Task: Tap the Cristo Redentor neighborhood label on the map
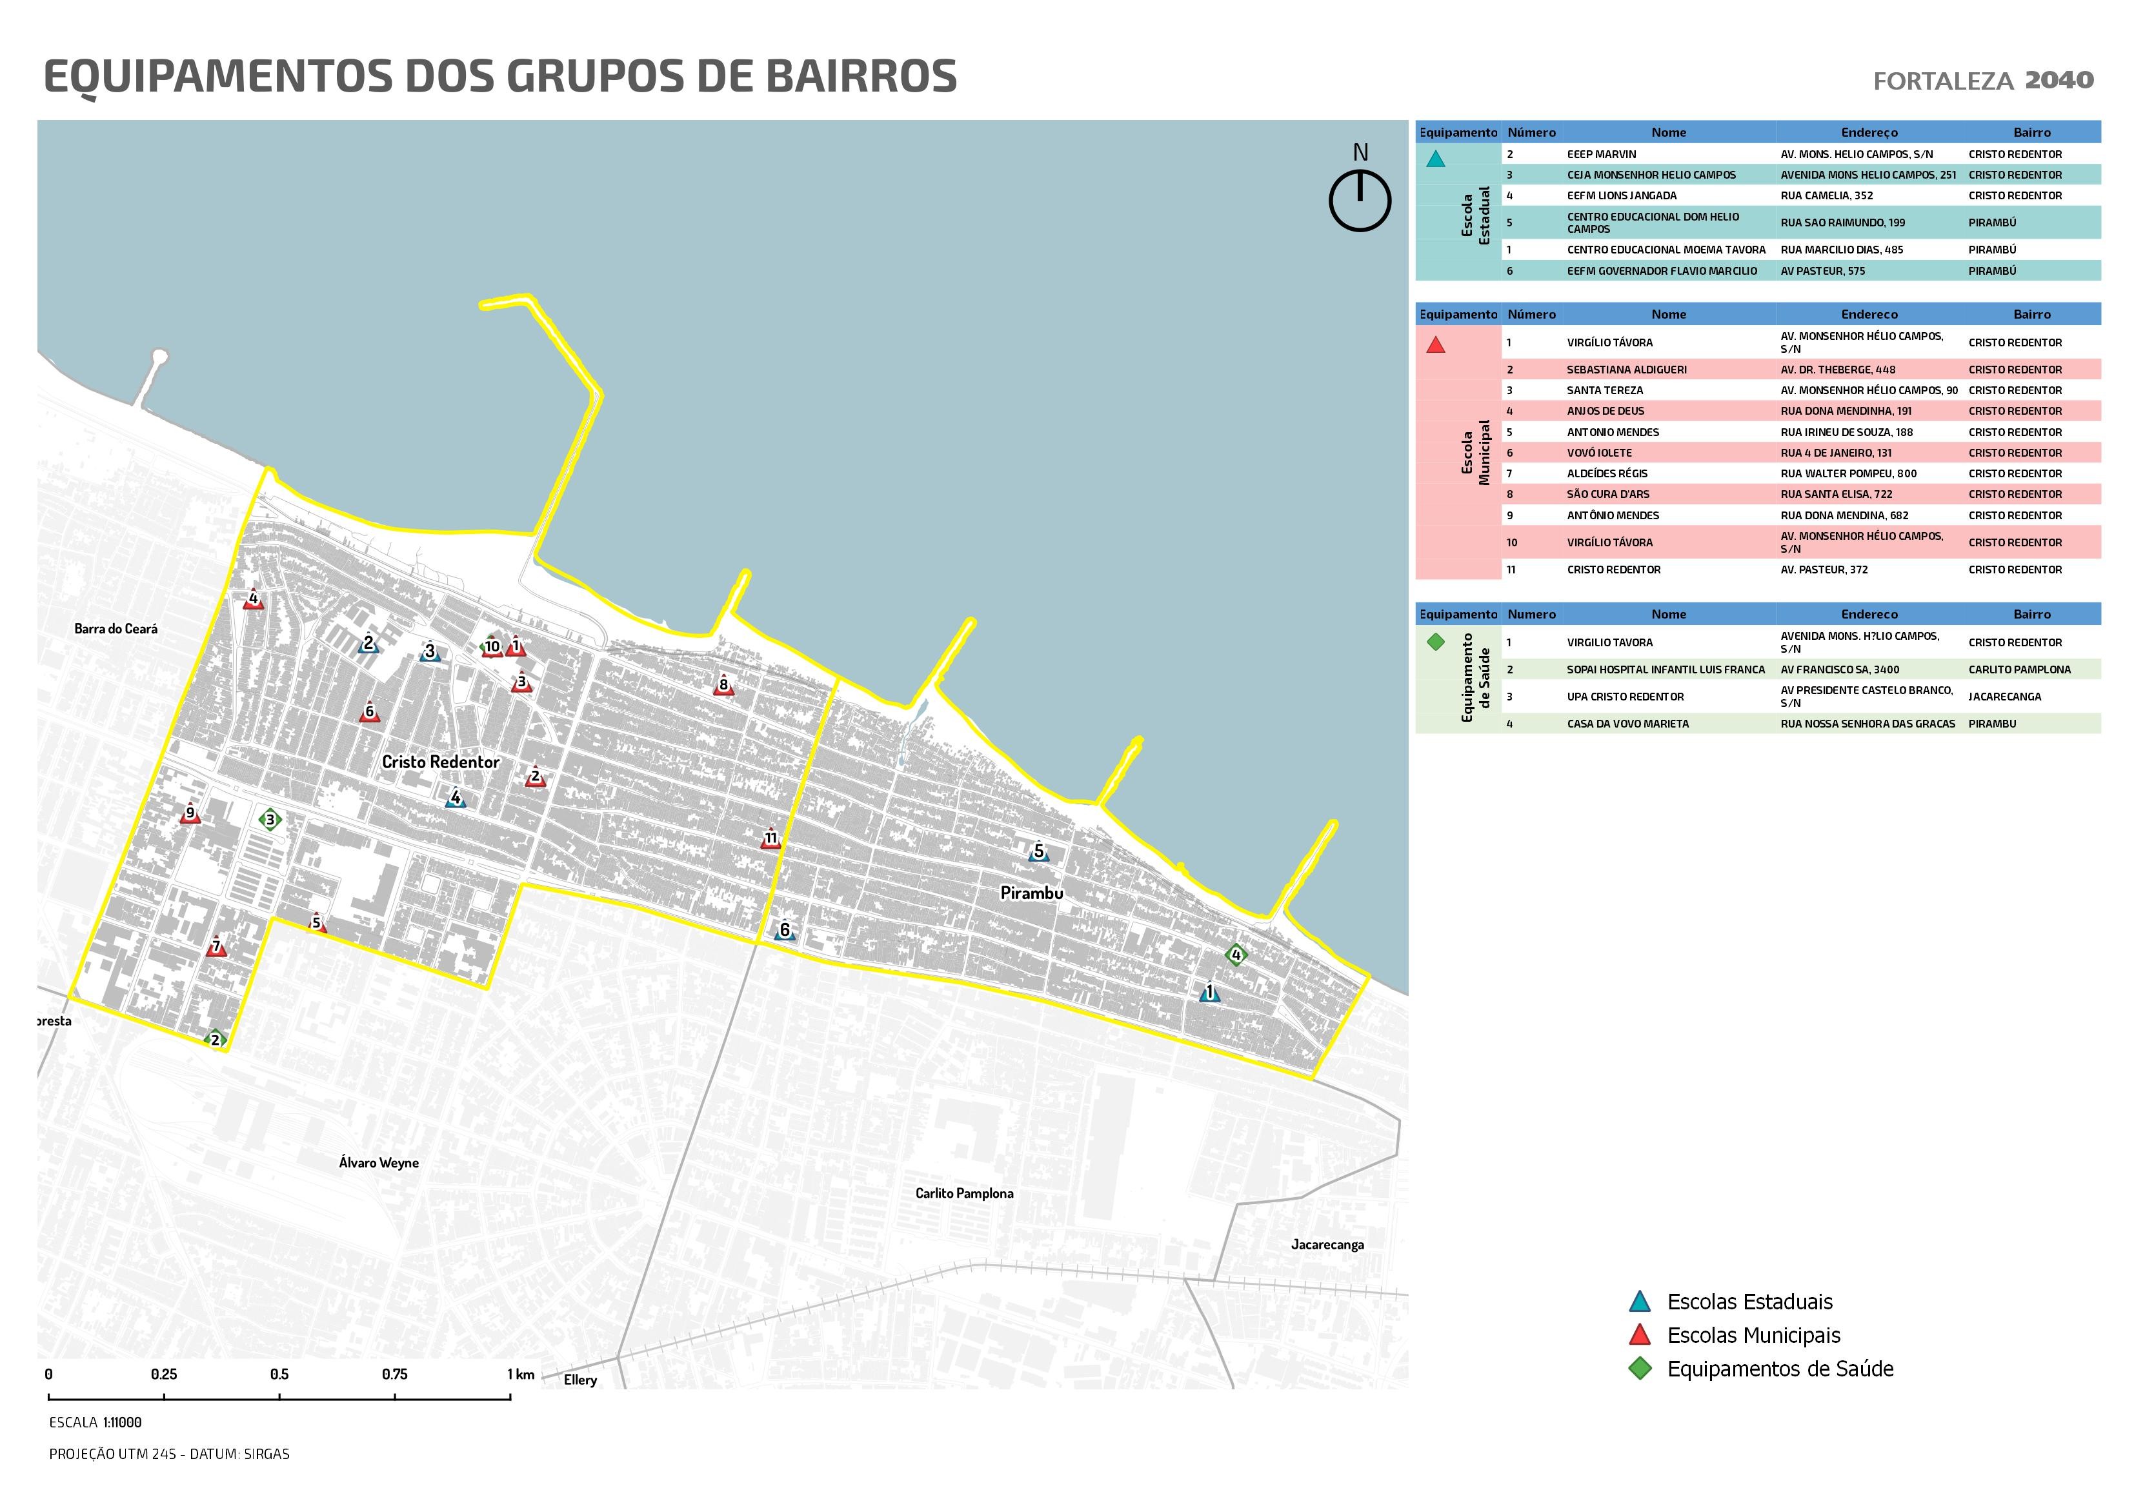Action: pyautogui.click(x=441, y=762)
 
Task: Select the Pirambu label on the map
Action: pyautogui.click(x=1031, y=893)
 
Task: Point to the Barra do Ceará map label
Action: pyautogui.click(x=116, y=629)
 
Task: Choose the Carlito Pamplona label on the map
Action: pyautogui.click(x=964, y=1193)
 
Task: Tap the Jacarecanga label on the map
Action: pyautogui.click(x=1327, y=1244)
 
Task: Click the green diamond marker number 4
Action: pyautogui.click(x=1235, y=954)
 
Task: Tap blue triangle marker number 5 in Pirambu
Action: pyautogui.click(x=1038, y=852)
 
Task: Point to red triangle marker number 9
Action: pyautogui.click(x=190, y=815)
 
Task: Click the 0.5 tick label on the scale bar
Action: pyautogui.click(x=279, y=1374)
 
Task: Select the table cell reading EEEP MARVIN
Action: pyautogui.click(x=1602, y=154)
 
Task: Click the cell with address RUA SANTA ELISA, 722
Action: pyautogui.click(x=1836, y=494)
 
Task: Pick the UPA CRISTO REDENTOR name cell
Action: pyautogui.click(x=1625, y=697)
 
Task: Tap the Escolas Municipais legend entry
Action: pyautogui.click(x=1753, y=1335)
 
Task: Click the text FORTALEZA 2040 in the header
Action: pyautogui.click(x=1982, y=81)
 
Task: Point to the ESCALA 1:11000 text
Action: pyautogui.click(x=96, y=1422)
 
